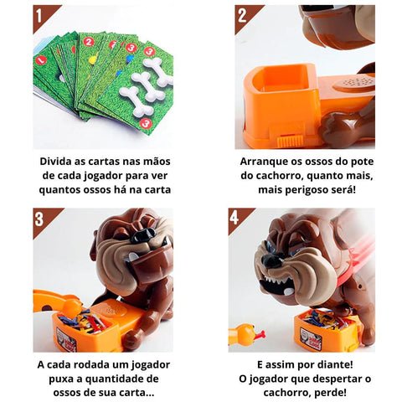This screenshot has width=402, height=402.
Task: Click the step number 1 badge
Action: point(44,15)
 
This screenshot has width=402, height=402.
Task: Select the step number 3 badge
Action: point(44,219)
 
